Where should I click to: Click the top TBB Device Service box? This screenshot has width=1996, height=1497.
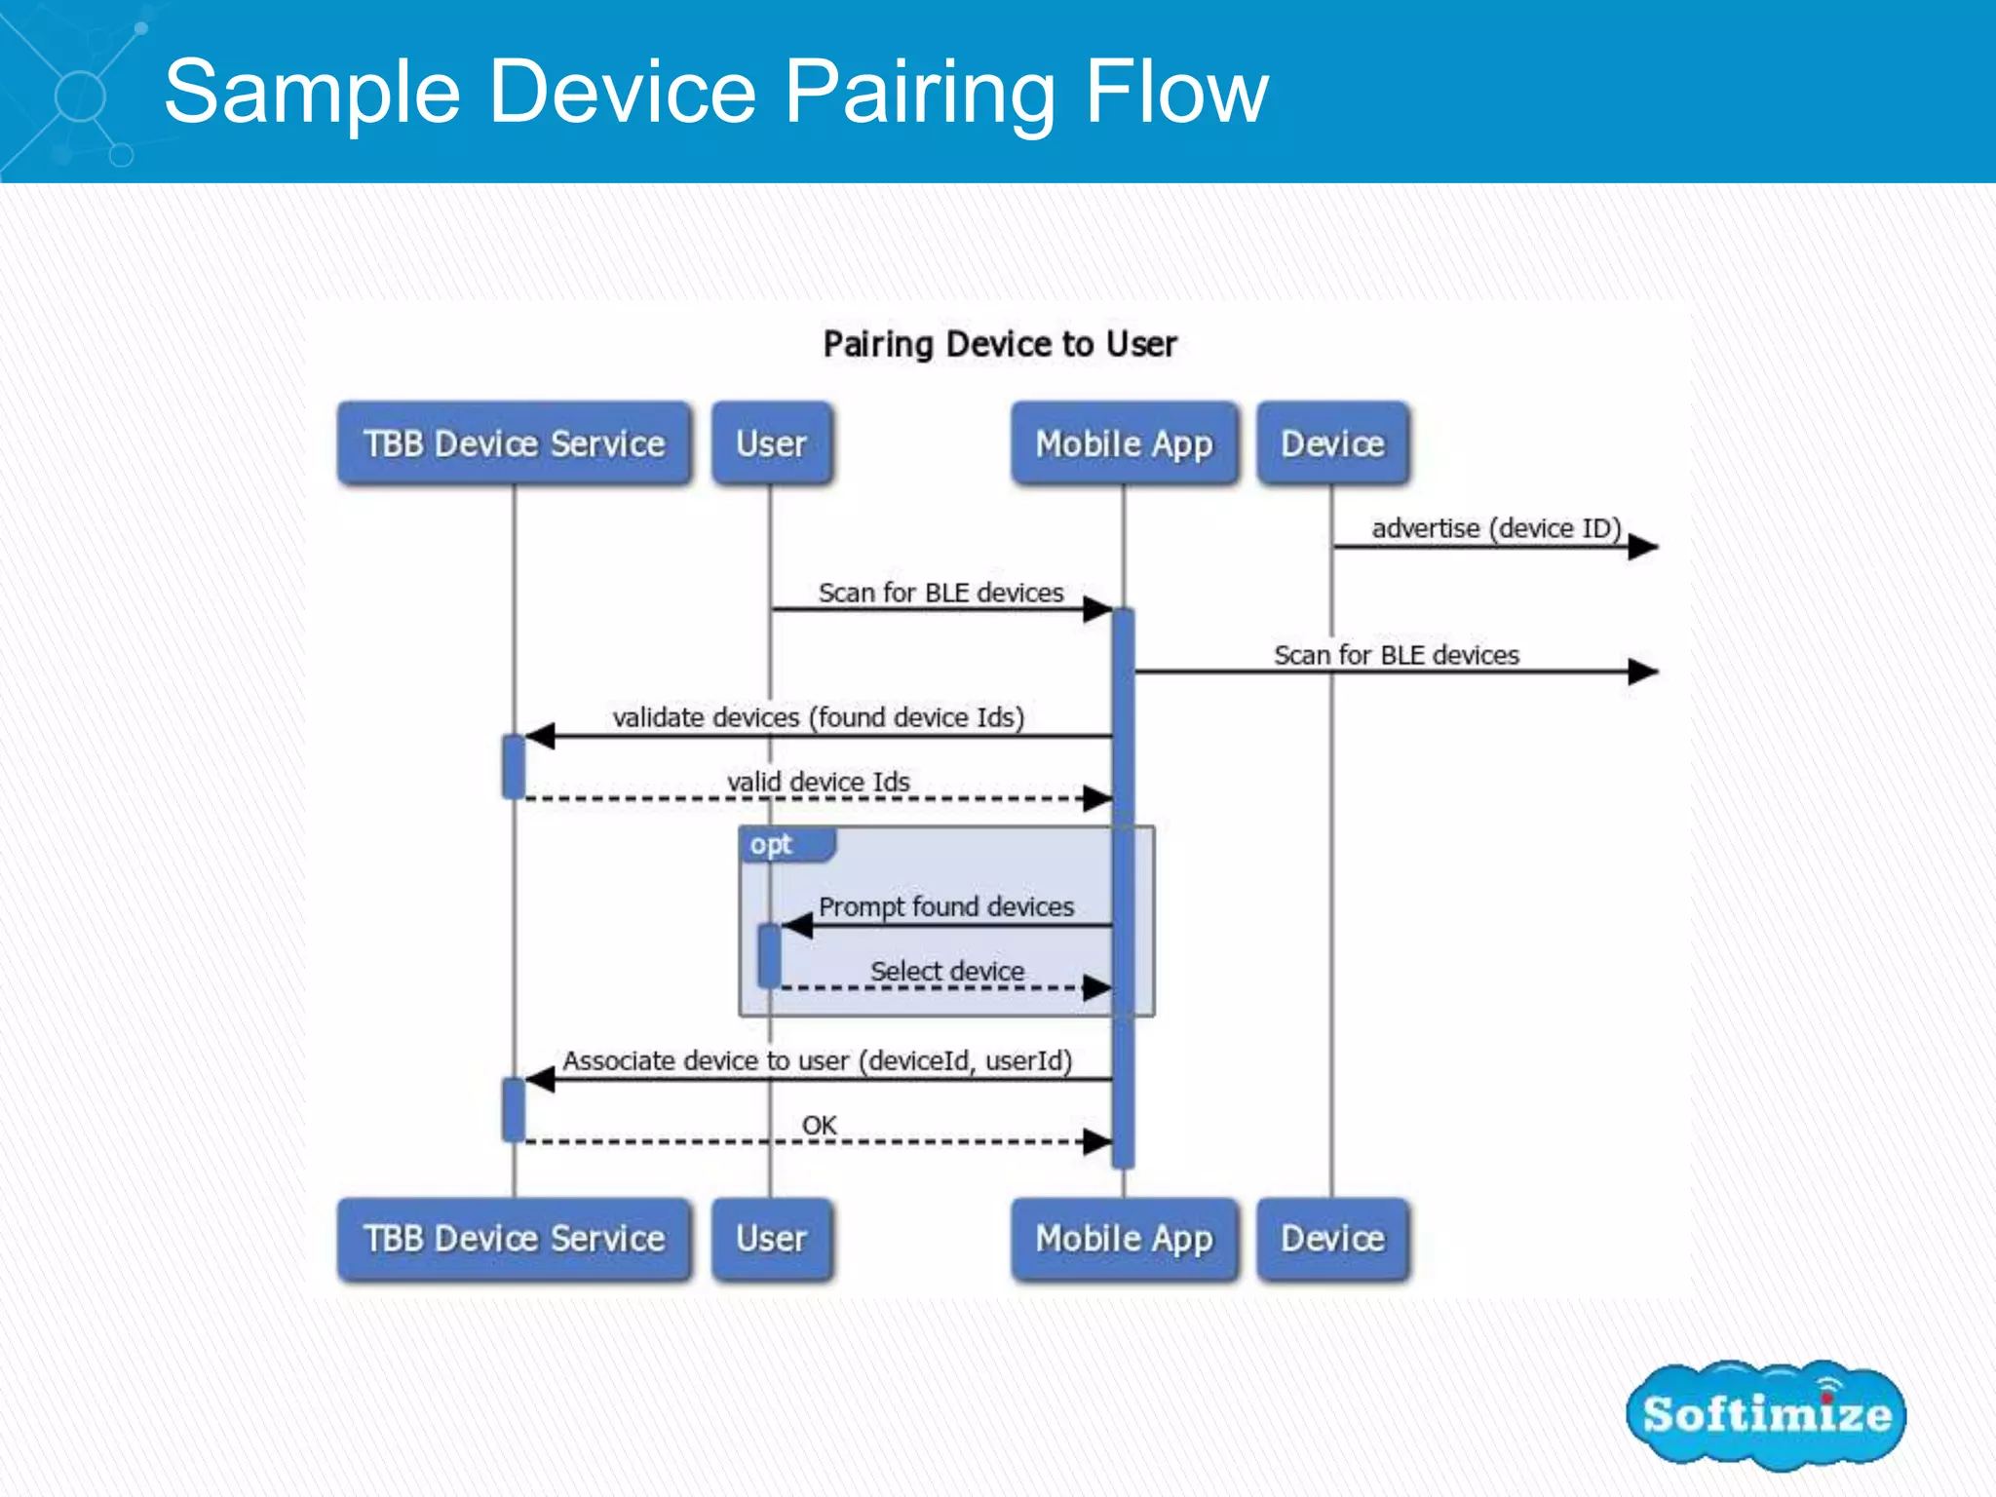pos(514,443)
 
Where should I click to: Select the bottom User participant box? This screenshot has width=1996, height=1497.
pos(771,1238)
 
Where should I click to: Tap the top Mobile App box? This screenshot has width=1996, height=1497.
pos(1124,443)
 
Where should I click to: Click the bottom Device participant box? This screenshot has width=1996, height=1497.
pos(1332,1238)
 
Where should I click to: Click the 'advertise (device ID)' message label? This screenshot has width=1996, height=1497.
pos(1495,528)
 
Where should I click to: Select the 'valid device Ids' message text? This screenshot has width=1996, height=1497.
pos(818,782)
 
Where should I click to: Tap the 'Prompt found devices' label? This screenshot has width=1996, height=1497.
pos(945,906)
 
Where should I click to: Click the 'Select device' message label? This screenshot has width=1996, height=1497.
pos(946,971)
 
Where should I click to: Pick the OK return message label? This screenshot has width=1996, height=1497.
pos(819,1125)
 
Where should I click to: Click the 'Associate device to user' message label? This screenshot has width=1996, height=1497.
pos(817,1060)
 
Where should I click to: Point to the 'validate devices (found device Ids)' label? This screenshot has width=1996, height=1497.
pos(818,717)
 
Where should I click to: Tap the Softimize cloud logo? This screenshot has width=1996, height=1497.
pos(1765,1414)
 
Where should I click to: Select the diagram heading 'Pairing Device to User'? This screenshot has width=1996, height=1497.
pos(999,344)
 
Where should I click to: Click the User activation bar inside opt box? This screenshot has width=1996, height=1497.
pos(769,955)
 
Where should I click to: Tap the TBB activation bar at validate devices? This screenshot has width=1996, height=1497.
pos(514,766)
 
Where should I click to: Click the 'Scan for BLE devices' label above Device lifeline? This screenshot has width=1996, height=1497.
pos(1396,655)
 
